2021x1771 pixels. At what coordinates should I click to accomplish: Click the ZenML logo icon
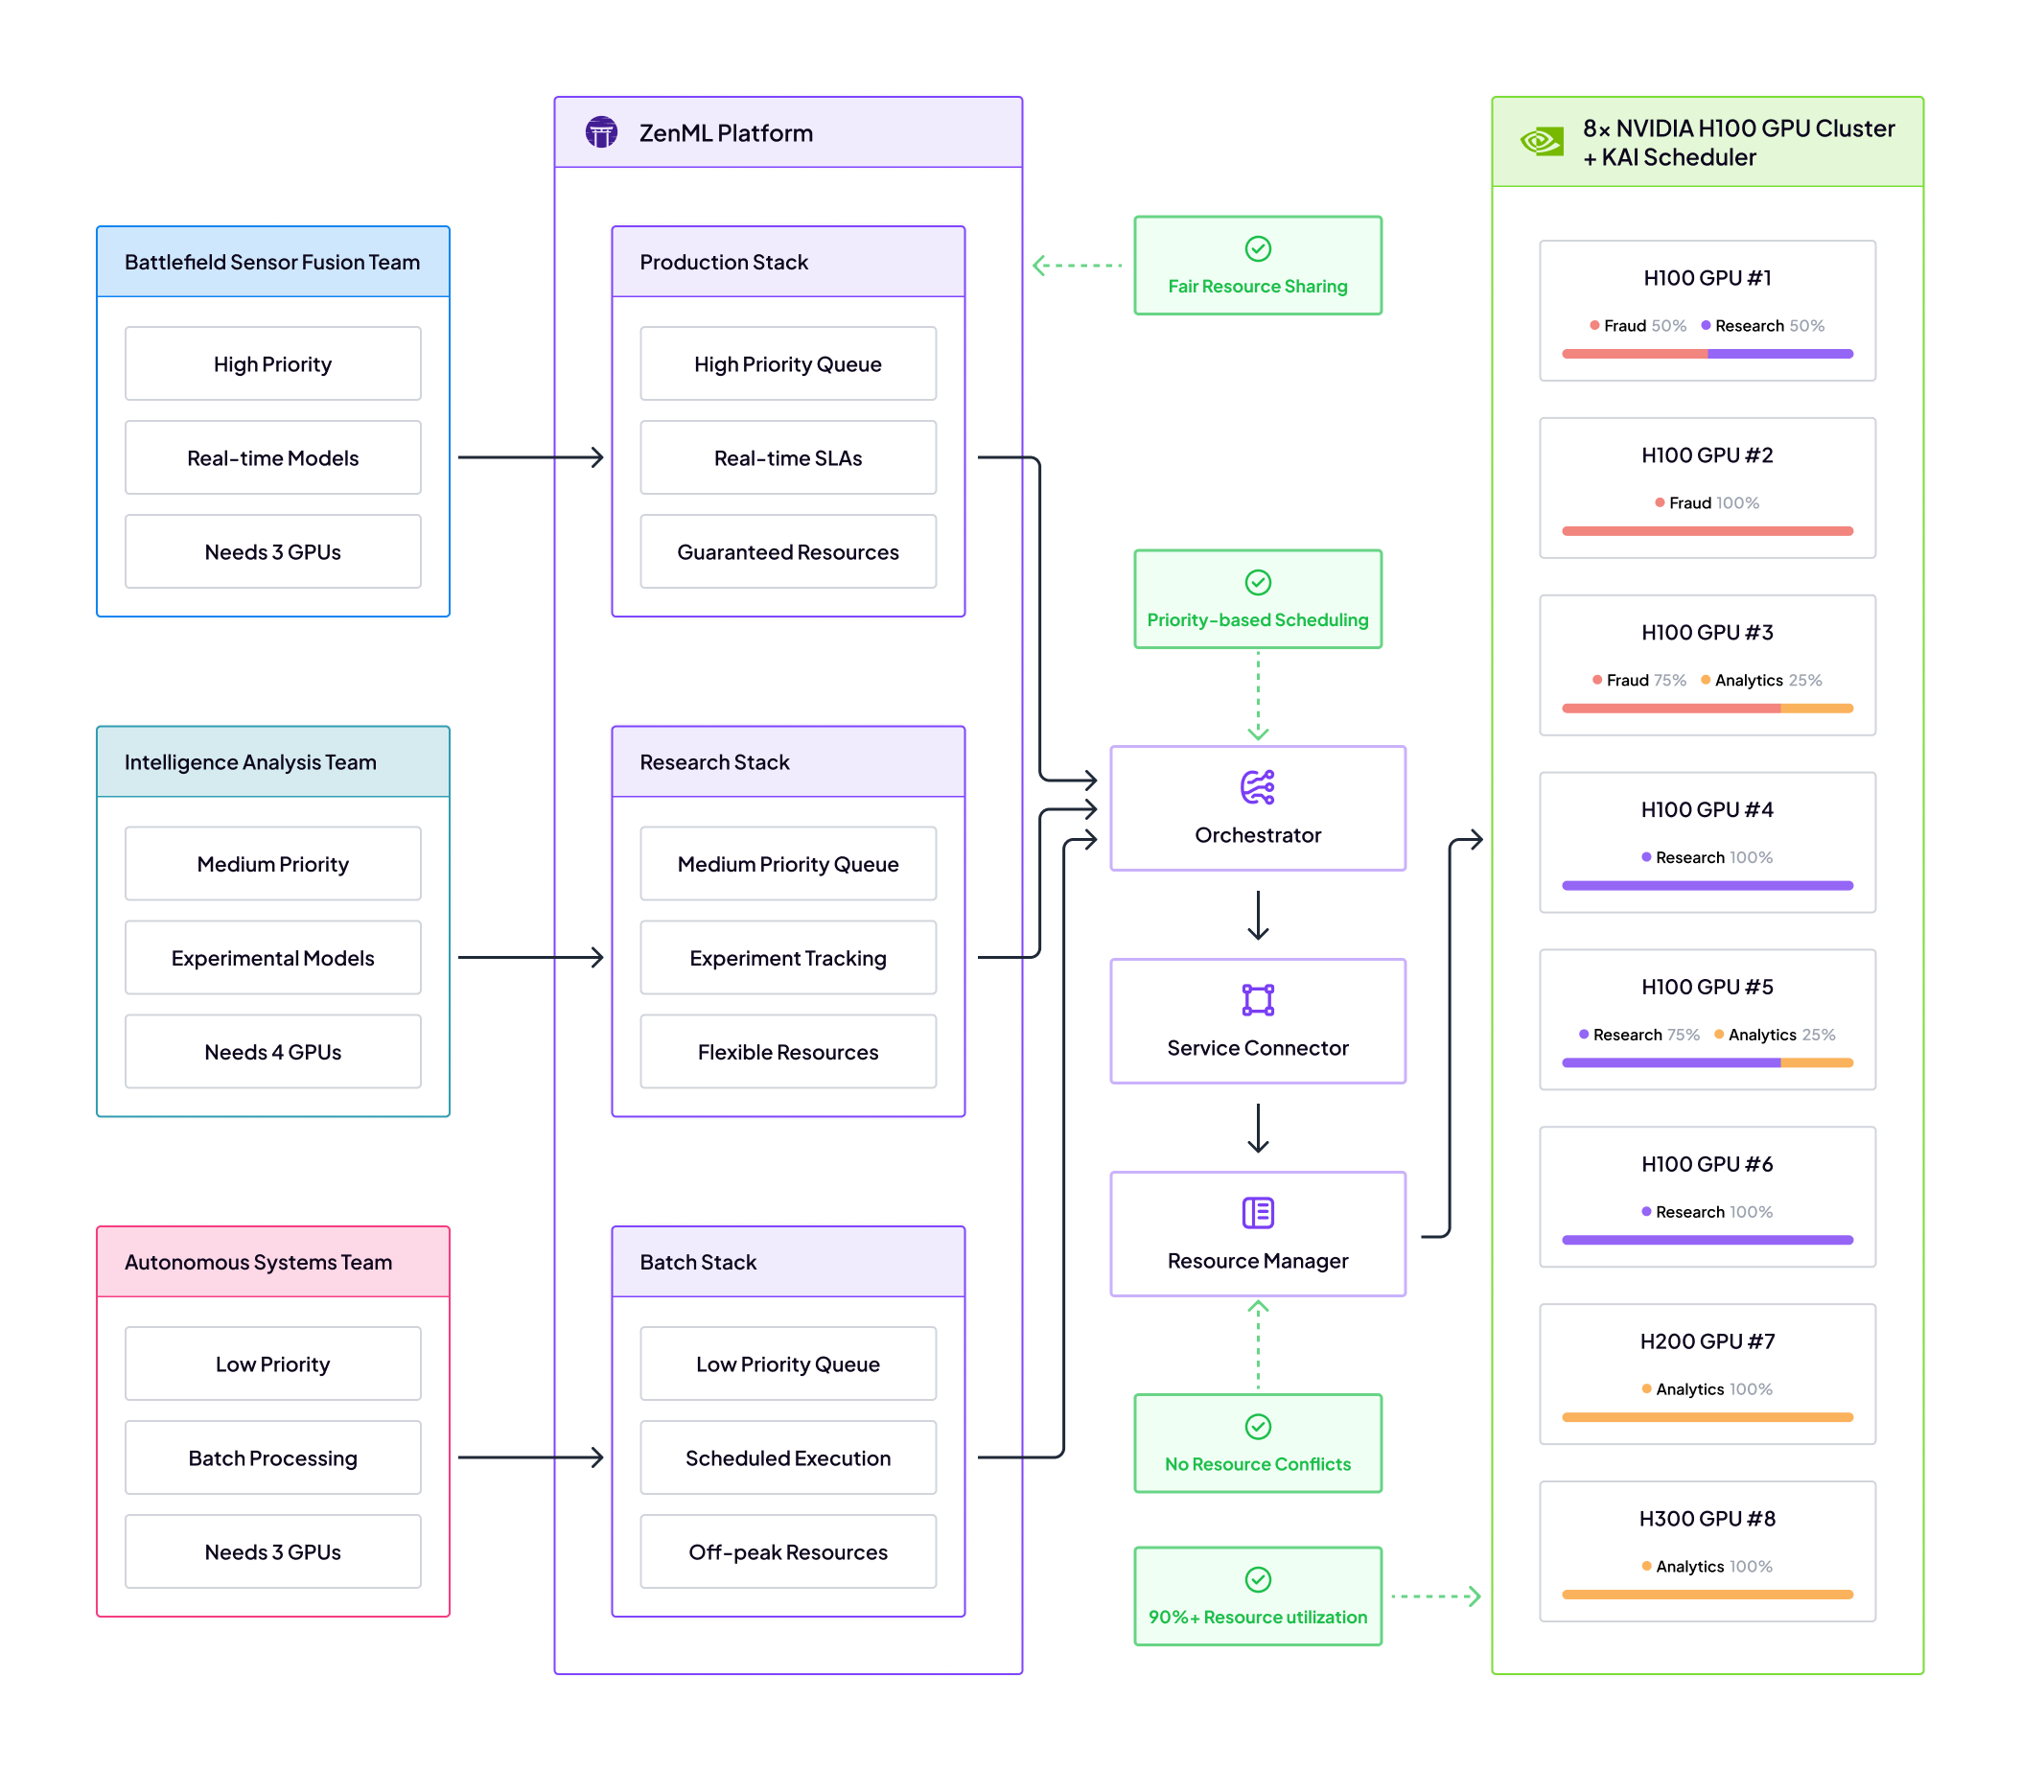pyautogui.click(x=601, y=132)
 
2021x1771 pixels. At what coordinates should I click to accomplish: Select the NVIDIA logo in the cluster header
pyautogui.click(x=1541, y=141)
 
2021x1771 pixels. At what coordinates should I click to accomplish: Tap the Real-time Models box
pyautogui.click(x=273, y=457)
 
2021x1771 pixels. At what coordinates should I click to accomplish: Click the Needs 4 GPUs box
pyautogui.click(x=273, y=1052)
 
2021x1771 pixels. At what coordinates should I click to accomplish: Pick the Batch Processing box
pyautogui.click(x=273, y=1457)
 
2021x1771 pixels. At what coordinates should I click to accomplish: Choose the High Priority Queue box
pyautogui.click(x=788, y=363)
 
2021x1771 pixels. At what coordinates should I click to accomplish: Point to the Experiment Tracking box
pyautogui.click(x=788, y=958)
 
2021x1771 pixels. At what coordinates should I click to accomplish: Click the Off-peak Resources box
pyautogui.click(x=788, y=1551)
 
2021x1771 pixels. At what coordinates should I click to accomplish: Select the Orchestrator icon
pyautogui.click(x=1257, y=787)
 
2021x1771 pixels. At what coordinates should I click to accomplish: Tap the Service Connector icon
pyautogui.click(x=1257, y=1000)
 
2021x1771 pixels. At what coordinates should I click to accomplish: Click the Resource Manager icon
pyautogui.click(x=1257, y=1213)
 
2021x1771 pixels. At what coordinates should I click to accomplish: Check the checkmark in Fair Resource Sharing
pyautogui.click(x=1257, y=249)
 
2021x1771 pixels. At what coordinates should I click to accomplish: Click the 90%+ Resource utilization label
pyautogui.click(x=1257, y=1617)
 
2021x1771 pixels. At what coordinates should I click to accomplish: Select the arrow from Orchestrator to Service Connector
pyautogui.click(x=1257, y=915)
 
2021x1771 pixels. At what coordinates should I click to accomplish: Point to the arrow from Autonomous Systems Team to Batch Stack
pyautogui.click(x=531, y=1457)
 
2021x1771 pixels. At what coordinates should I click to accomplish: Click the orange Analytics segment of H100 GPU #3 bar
pyautogui.click(x=1816, y=709)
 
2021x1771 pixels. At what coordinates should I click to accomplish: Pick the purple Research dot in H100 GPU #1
pyautogui.click(x=1706, y=325)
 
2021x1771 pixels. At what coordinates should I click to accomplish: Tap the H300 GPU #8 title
pyautogui.click(x=1707, y=1518)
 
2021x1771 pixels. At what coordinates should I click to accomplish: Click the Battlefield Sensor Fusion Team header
pyautogui.click(x=273, y=262)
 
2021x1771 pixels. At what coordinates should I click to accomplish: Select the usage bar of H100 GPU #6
pyautogui.click(x=1707, y=1239)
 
